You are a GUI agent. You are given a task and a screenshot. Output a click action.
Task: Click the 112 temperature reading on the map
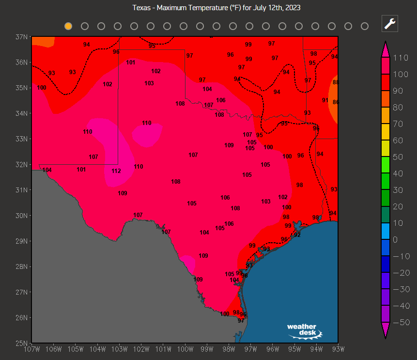tap(116, 171)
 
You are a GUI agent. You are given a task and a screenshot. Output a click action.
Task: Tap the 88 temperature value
tap(335, 82)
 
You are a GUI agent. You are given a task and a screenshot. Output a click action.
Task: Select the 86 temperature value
tap(335, 102)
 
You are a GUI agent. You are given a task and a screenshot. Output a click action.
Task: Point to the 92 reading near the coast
tap(297, 235)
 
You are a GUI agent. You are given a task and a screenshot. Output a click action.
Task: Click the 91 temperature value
tap(325, 100)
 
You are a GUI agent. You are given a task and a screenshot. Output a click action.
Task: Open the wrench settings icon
tap(390, 23)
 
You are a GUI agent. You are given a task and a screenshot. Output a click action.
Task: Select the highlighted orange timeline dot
tap(68, 26)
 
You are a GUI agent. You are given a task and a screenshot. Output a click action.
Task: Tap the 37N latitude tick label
tap(21, 37)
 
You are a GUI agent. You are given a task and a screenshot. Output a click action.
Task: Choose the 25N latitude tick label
tap(21, 343)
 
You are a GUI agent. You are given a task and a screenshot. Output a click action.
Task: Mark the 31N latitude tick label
tap(21, 190)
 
